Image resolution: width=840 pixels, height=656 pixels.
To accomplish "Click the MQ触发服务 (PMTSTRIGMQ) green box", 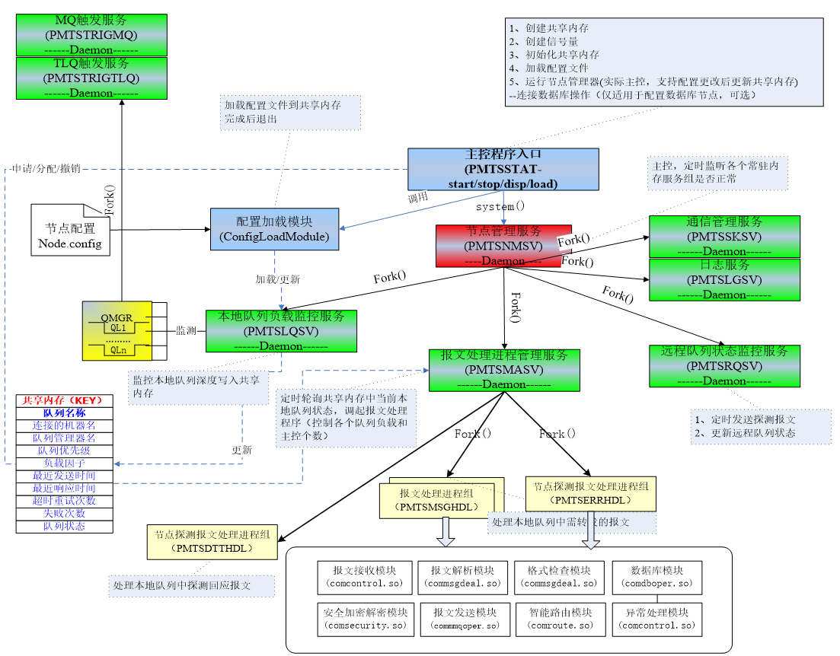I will pyautogui.click(x=91, y=35).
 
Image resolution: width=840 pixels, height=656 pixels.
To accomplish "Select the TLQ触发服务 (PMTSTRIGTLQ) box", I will pyautogui.click(x=91, y=78).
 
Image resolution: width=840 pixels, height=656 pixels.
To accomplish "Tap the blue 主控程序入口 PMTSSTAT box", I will pyautogui.click(x=503, y=169).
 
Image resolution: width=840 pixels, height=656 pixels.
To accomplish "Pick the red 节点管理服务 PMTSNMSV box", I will pyautogui.click(x=503, y=245).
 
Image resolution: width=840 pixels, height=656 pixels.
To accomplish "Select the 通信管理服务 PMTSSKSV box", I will pyautogui.click(x=724, y=236).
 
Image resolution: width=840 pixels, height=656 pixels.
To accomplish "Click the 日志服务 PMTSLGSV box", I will pyautogui.click(x=724, y=279).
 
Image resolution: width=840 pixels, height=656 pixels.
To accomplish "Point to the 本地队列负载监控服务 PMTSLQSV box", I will pyautogui.click(x=281, y=331).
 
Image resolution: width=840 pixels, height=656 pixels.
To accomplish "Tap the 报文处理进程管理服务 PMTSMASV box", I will pyautogui.click(x=503, y=370).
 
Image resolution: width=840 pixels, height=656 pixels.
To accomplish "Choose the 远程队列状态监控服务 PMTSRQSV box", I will pyautogui.click(x=724, y=366).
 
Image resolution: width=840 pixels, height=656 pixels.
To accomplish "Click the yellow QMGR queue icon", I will pyautogui.click(x=117, y=330).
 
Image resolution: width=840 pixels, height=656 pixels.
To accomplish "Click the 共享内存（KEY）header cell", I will pyautogui.click(x=64, y=400).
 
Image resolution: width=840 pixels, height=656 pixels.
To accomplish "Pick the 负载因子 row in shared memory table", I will pyautogui.click(x=64, y=463).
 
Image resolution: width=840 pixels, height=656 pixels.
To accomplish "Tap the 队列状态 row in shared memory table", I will pyautogui.click(x=64, y=526).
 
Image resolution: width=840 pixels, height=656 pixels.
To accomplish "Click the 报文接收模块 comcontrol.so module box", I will pyautogui.click(x=365, y=577).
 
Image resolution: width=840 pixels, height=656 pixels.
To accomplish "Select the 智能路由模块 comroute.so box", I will pyautogui.click(x=560, y=619).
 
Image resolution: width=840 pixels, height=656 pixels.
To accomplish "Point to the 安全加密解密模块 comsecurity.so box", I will pyautogui.click(x=365, y=619).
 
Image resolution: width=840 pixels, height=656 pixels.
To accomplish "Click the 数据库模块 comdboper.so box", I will pyautogui.click(x=656, y=577).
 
